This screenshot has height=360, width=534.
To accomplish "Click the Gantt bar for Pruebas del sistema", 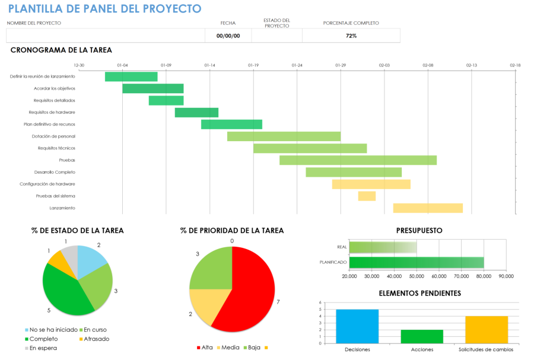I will (367, 196).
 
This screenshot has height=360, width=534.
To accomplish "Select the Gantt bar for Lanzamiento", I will (428, 208).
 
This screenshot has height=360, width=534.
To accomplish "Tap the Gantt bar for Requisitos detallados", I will (166, 101).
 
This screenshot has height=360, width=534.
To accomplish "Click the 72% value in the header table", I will (351, 36).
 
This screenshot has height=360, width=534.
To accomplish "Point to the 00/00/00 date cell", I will (228, 36).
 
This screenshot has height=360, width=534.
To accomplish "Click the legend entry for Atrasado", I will (96, 339).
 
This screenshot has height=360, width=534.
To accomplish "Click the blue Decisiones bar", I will (357, 326).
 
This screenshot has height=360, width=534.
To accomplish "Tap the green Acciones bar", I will (421, 336).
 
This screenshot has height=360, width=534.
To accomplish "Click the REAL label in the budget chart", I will (341, 247).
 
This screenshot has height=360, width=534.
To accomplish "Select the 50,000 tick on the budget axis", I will (417, 276).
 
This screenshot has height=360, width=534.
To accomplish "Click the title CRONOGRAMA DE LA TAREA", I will (61, 50).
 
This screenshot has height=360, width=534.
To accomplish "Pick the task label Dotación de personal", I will (53, 136).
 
